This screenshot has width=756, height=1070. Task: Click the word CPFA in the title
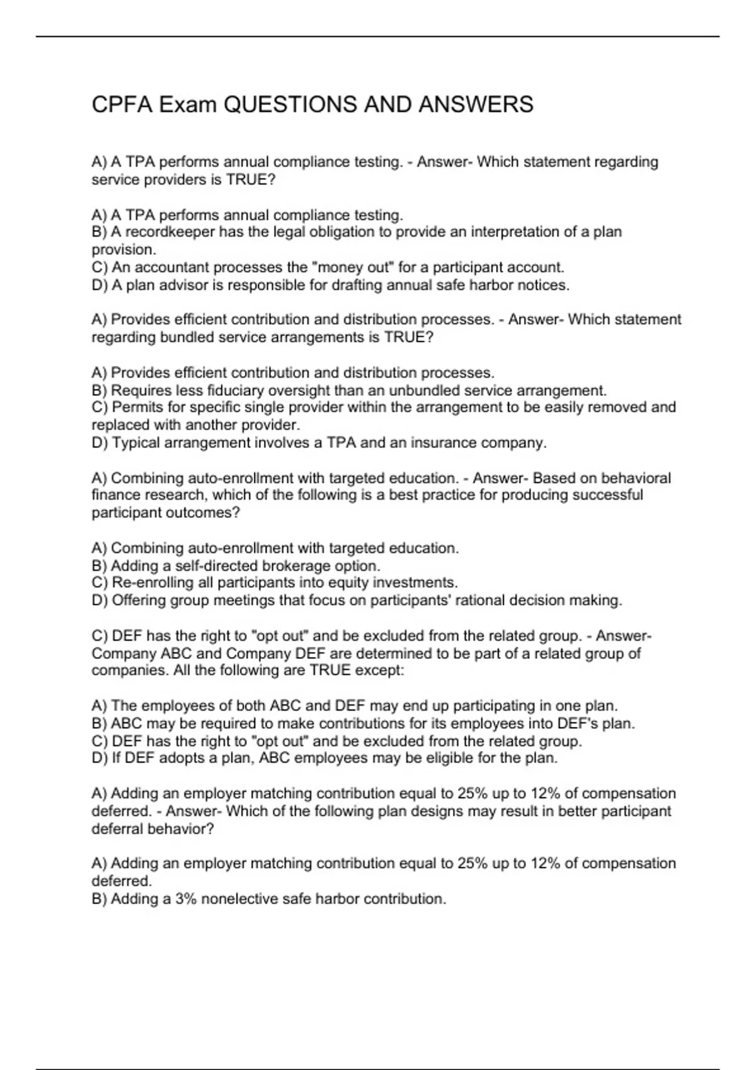[x=122, y=104]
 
